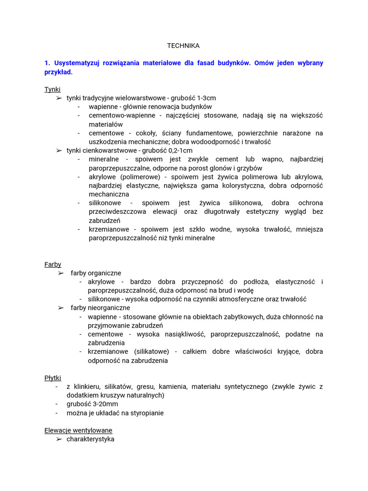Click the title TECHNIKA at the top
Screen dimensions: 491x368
tap(184, 46)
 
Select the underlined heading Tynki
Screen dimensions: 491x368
tap(52, 89)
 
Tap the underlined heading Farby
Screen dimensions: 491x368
tap(53, 264)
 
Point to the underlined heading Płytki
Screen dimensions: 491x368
tap(53, 378)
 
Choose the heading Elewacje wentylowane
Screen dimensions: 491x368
tap(78, 430)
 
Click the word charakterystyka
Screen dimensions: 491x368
tap(91, 439)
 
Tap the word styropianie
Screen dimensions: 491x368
tap(145, 413)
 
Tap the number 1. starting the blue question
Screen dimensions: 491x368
tap(47, 63)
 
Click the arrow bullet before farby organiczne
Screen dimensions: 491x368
tap(61, 273)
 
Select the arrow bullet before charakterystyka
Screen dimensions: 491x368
tap(58, 439)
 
